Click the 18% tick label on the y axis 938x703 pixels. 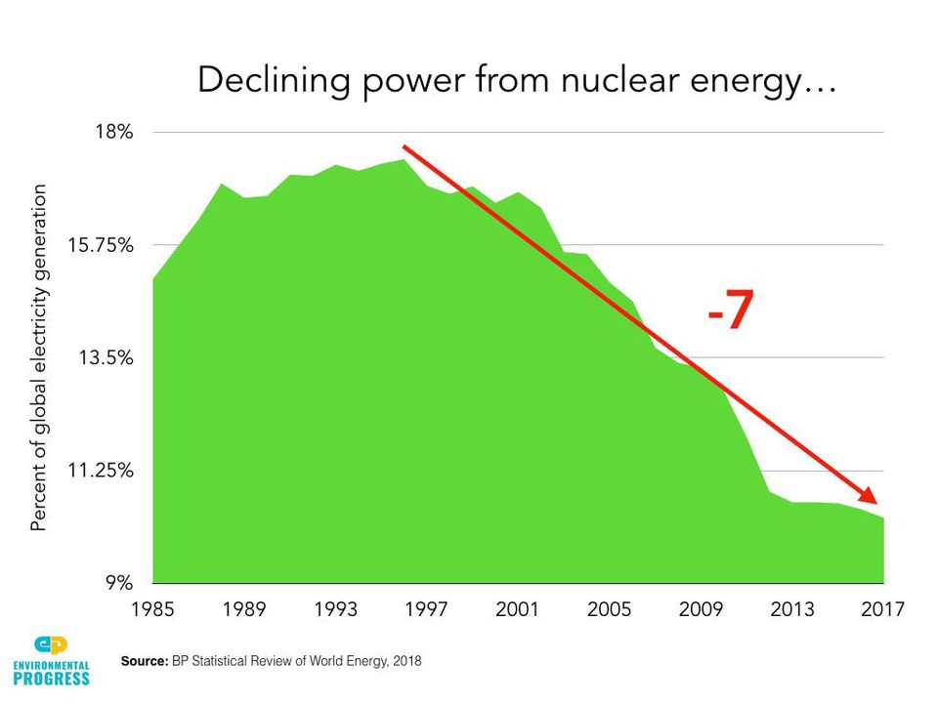point(114,131)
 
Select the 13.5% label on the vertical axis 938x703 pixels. point(106,357)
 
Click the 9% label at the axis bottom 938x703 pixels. point(119,584)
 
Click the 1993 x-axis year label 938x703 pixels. point(335,610)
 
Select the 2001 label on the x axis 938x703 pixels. point(518,610)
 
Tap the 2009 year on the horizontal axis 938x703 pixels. point(701,610)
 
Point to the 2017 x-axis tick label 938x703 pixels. point(883,610)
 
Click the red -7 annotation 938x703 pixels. point(731,312)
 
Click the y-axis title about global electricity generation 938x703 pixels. point(39,357)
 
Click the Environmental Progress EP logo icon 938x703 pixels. point(51,645)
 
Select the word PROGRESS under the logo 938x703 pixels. point(51,680)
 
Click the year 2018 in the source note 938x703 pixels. point(405,662)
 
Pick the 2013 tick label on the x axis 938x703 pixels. point(791,610)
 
